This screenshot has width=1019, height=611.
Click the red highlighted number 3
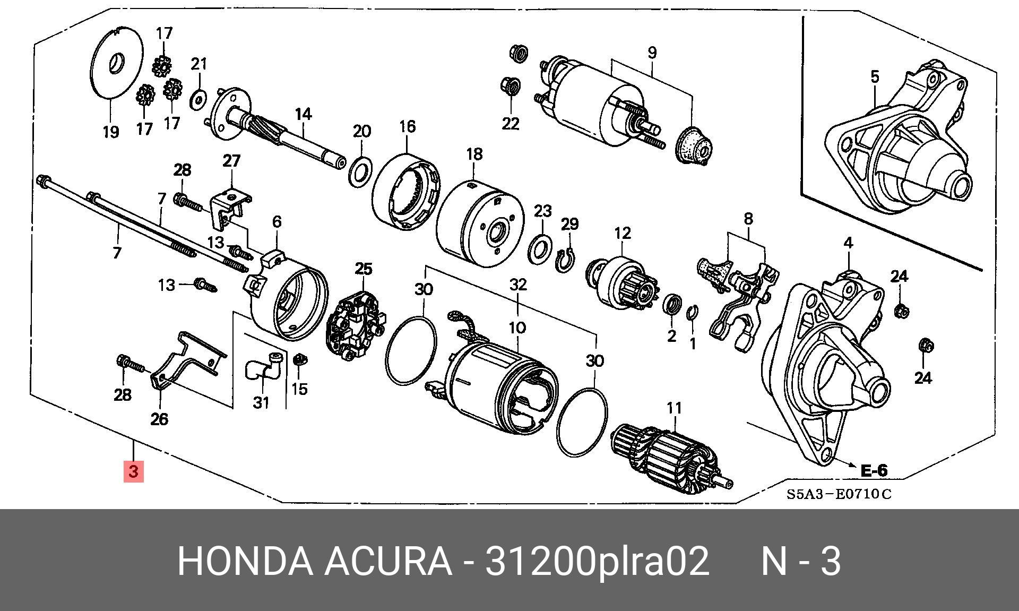point(133,471)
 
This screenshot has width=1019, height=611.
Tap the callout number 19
point(110,131)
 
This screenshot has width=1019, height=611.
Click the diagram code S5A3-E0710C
point(839,494)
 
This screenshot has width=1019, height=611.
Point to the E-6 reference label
point(873,470)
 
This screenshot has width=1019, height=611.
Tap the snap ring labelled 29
point(567,261)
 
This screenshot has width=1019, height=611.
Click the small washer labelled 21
point(198,98)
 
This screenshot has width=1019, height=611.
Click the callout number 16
point(407,126)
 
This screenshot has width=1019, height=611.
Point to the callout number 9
point(652,53)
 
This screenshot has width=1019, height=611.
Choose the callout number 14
point(303,114)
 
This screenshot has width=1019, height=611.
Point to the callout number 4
point(848,243)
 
